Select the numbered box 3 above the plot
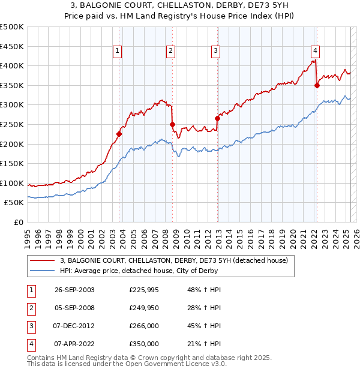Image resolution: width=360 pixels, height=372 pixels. [x=215, y=52]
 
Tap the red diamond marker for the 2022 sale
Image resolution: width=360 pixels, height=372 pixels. [x=317, y=85]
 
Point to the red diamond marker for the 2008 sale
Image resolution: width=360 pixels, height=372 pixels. [x=172, y=124]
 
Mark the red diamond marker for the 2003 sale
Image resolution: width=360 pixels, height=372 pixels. [x=119, y=134]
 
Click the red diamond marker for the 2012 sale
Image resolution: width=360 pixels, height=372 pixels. [x=217, y=118]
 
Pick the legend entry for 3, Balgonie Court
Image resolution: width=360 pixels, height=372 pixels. [x=174, y=260]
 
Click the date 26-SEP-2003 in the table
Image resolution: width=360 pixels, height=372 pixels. [x=74, y=290]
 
